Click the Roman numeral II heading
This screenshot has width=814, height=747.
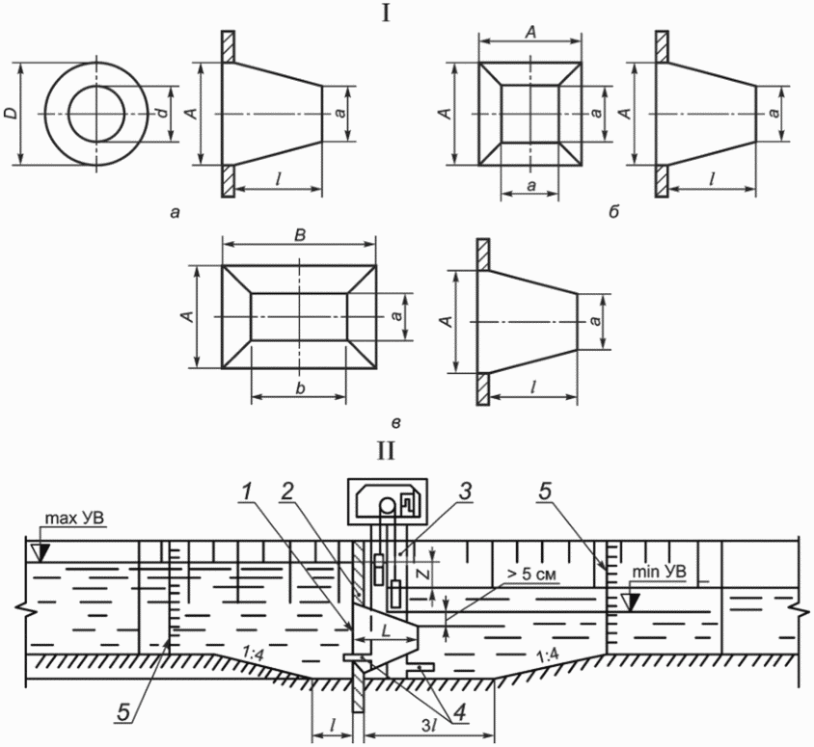click(386, 450)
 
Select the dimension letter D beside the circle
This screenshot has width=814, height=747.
click(10, 114)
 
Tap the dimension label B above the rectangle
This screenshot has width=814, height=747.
click(300, 235)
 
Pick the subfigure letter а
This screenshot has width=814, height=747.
click(175, 212)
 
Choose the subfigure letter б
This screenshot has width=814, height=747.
click(613, 212)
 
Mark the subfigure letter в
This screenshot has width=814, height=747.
click(395, 423)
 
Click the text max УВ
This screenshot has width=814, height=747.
click(74, 519)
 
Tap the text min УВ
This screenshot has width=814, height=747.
click(660, 572)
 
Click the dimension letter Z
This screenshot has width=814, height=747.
click(423, 574)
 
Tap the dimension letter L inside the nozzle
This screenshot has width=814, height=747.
click(385, 632)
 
